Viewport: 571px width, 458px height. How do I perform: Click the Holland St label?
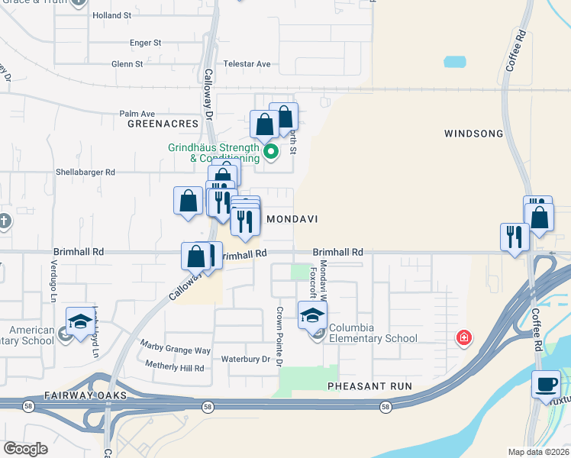click(x=111, y=15)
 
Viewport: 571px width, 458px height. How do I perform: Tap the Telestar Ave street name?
click(x=247, y=64)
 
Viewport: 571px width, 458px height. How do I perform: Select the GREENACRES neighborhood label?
click(x=163, y=123)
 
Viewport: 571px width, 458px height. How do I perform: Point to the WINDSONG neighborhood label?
click(x=473, y=134)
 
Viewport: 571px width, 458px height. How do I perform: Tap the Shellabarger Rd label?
click(x=84, y=173)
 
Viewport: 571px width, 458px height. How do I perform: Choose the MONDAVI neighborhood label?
click(x=291, y=218)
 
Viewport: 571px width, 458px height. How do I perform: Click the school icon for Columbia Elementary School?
click(x=312, y=314)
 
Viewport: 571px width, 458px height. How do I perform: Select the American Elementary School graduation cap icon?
click(x=79, y=322)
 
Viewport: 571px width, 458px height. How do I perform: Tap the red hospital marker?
click(x=463, y=337)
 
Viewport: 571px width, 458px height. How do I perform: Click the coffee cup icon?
click(x=546, y=383)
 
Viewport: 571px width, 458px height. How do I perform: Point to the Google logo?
click(x=26, y=449)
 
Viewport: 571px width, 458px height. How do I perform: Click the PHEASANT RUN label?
click(x=369, y=386)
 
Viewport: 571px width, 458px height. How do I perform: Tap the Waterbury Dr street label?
click(x=246, y=359)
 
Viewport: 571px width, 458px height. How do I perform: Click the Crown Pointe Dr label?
click(x=279, y=335)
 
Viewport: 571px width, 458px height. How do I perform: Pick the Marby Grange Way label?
click(x=176, y=350)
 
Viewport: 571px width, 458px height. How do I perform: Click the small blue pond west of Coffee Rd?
click(x=455, y=62)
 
